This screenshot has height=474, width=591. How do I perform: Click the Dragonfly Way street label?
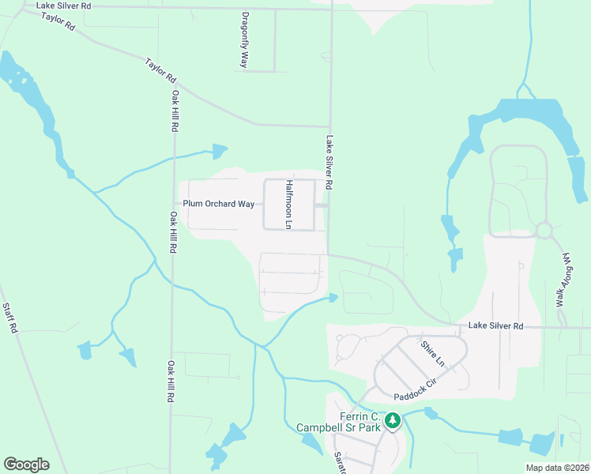[x=246, y=39]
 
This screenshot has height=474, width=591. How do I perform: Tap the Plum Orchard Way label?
[x=219, y=204]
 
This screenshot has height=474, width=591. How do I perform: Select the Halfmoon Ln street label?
[x=290, y=205]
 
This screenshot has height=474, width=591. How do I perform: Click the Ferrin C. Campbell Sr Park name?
[x=348, y=422]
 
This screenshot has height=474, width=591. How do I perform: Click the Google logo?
[x=26, y=465]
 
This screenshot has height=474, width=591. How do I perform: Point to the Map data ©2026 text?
[x=557, y=468]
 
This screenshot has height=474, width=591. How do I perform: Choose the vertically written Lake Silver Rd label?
[x=329, y=162]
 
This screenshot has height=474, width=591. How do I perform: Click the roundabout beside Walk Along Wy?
[x=544, y=230]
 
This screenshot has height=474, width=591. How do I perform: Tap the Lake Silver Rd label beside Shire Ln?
[x=495, y=325]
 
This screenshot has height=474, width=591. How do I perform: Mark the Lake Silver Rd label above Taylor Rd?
[x=64, y=6]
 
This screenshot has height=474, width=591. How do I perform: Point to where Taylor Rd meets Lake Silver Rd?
[x=329, y=126]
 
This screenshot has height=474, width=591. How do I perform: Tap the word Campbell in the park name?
[x=325, y=427]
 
